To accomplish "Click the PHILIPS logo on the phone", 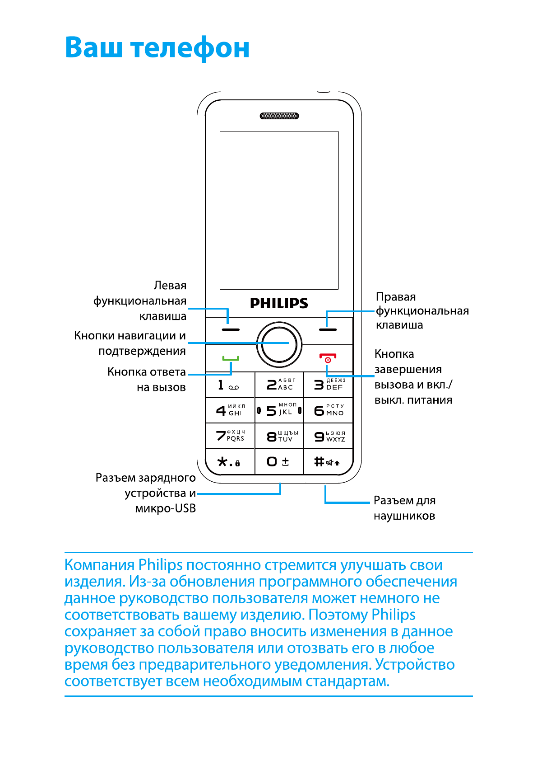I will (279, 303).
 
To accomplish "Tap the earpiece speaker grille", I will (279, 116).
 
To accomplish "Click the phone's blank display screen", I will (279, 210).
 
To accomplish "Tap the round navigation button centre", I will (279, 344).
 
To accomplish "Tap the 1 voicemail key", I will (230, 385).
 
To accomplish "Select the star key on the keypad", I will (230, 462).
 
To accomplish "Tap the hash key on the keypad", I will (328, 462).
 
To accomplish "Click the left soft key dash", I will (231, 329).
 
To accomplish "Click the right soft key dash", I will (328, 329).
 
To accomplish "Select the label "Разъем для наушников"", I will (404, 508).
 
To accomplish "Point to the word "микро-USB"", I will (166, 508).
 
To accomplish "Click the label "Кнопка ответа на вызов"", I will (147, 379).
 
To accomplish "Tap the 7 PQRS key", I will (230, 436).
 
